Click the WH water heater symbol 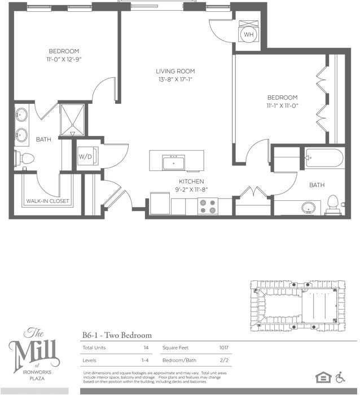point(248,34)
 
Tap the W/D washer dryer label point(85,156)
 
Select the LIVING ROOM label point(175,71)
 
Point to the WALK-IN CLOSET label point(47,201)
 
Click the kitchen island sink point(174,163)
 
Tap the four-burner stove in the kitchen point(208,206)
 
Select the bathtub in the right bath point(324,159)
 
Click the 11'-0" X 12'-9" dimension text point(63,59)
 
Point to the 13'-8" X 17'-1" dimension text point(175,80)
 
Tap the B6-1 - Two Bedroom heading point(117,335)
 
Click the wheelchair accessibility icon point(340,377)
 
